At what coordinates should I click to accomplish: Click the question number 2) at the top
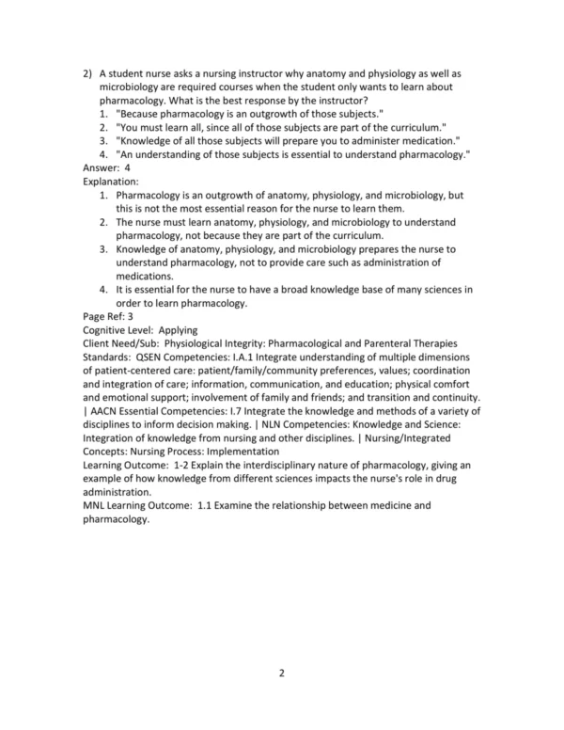[88, 72]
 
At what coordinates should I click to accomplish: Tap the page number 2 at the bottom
[281, 673]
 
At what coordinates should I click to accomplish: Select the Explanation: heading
[110, 180]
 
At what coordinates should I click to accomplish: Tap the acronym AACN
[110, 411]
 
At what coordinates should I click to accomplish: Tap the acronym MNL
[98, 505]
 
